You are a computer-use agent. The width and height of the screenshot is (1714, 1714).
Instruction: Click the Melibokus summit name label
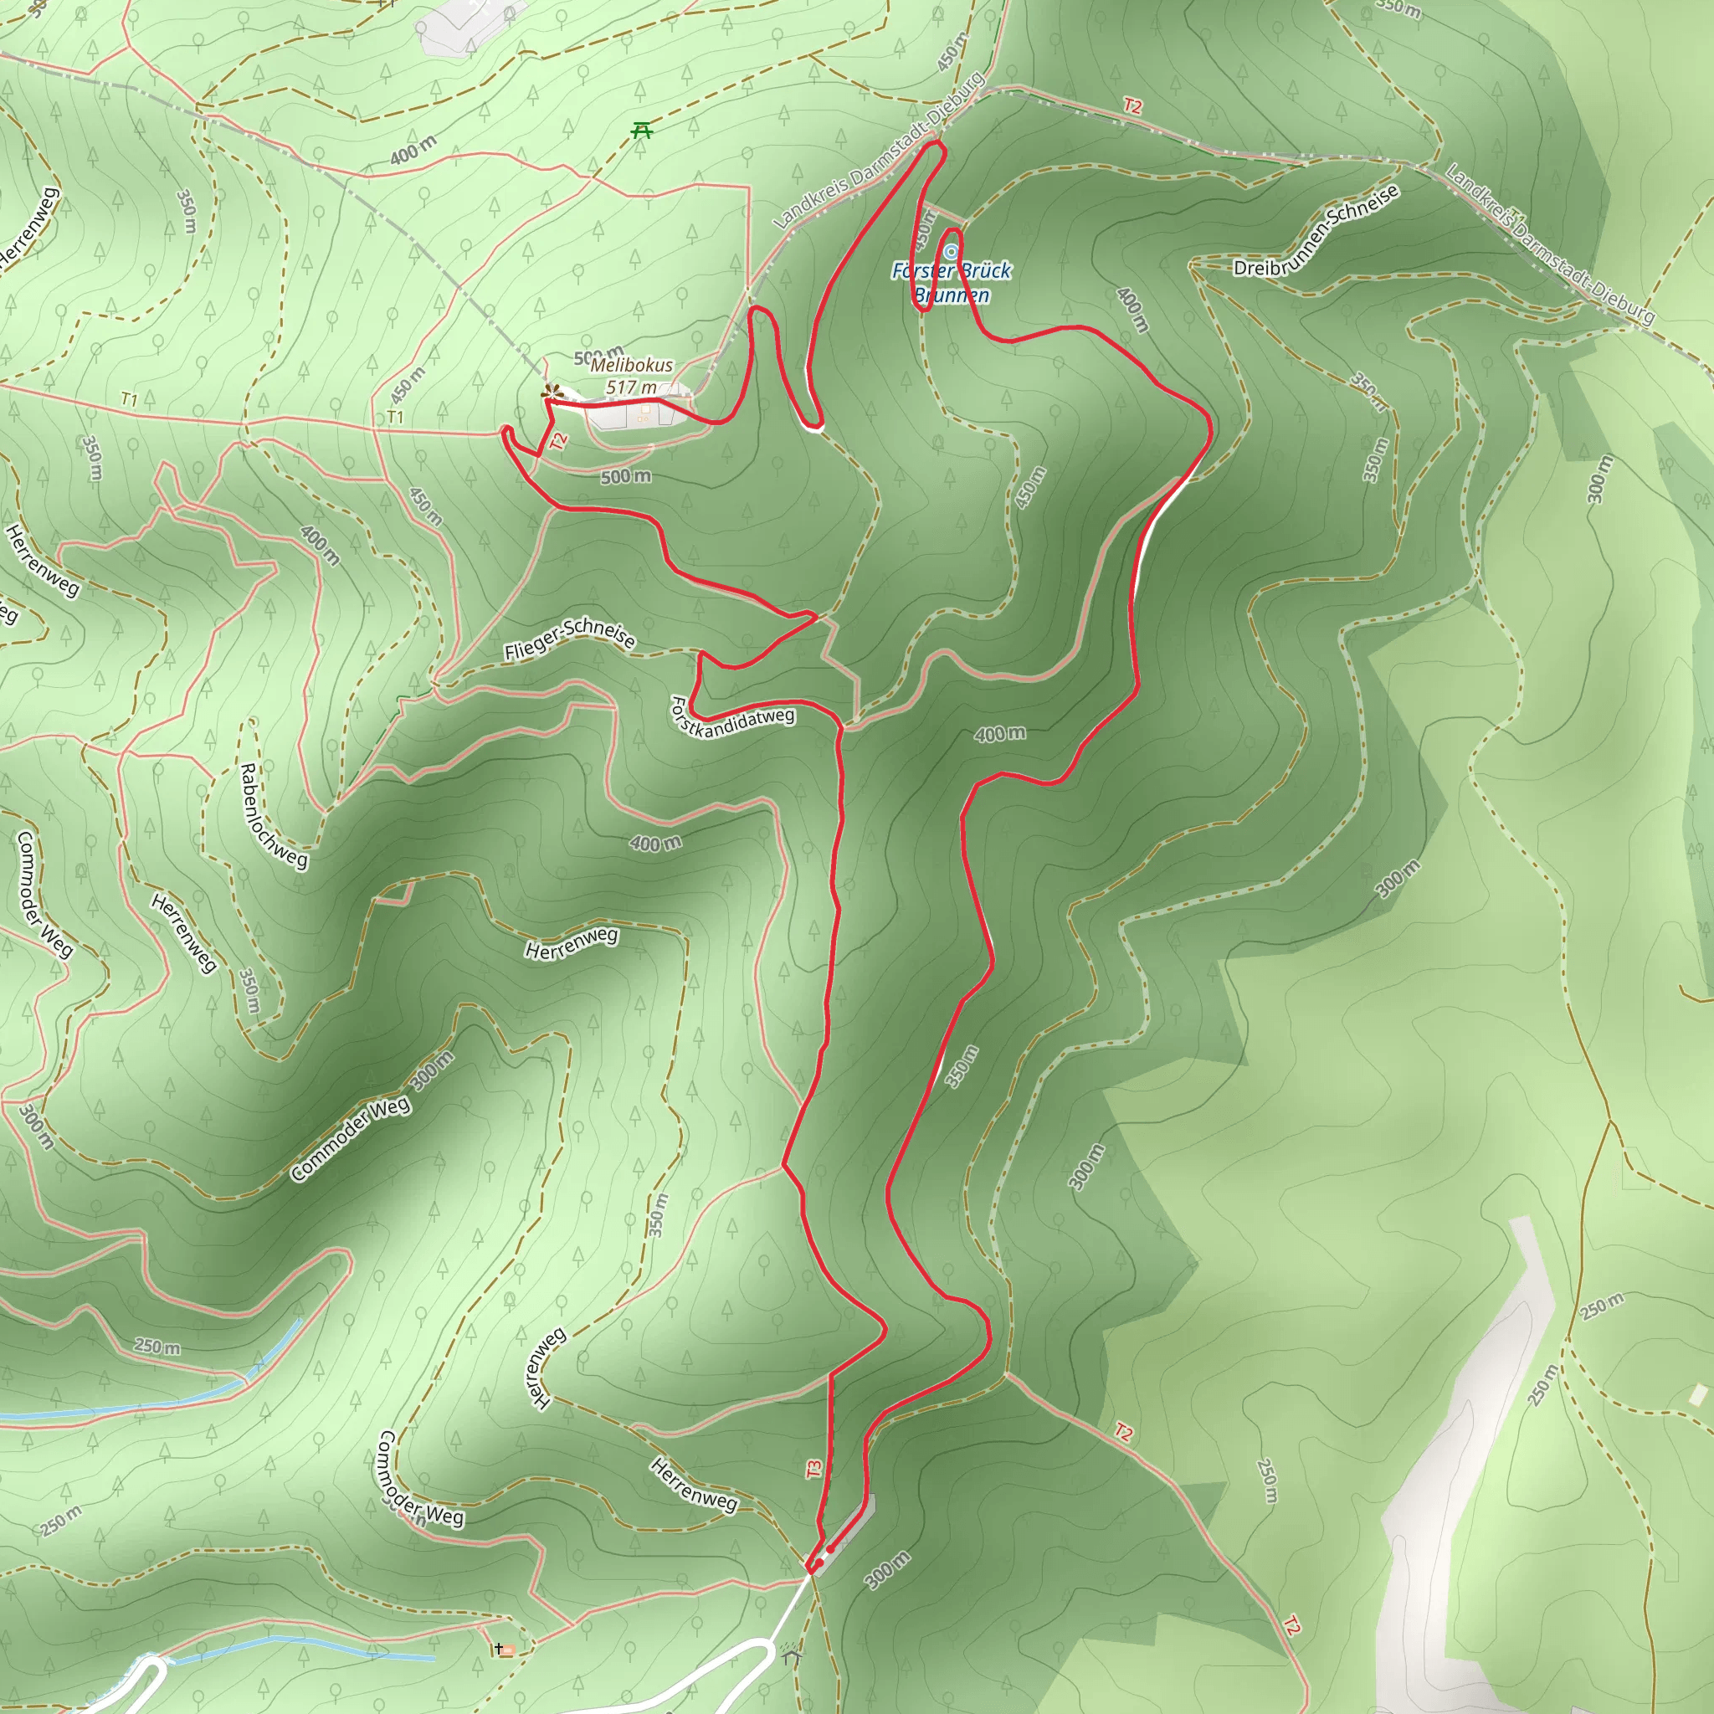coord(632,366)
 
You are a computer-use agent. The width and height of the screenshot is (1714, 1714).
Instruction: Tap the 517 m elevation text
coord(631,387)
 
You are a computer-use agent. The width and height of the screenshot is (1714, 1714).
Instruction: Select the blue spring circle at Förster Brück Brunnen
coord(951,253)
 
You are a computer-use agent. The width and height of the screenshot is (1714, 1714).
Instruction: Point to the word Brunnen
coord(951,295)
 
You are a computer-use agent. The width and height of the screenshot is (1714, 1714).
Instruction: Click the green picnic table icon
coord(642,131)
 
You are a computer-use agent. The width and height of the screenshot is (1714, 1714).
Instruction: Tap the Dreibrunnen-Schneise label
coord(1316,232)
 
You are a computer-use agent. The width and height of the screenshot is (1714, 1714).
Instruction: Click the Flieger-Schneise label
coord(570,639)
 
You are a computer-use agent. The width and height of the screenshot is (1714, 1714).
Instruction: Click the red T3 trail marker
coord(813,1469)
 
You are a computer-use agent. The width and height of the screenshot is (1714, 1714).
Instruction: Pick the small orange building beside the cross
coord(508,1650)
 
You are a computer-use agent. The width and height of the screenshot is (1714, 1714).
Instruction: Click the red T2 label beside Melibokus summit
coord(557,441)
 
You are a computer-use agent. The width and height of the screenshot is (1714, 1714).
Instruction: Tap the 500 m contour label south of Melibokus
coord(625,477)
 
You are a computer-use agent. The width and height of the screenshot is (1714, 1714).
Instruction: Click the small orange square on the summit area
coord(646,411)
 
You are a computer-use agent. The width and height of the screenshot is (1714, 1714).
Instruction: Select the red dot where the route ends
coord(829,1549)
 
